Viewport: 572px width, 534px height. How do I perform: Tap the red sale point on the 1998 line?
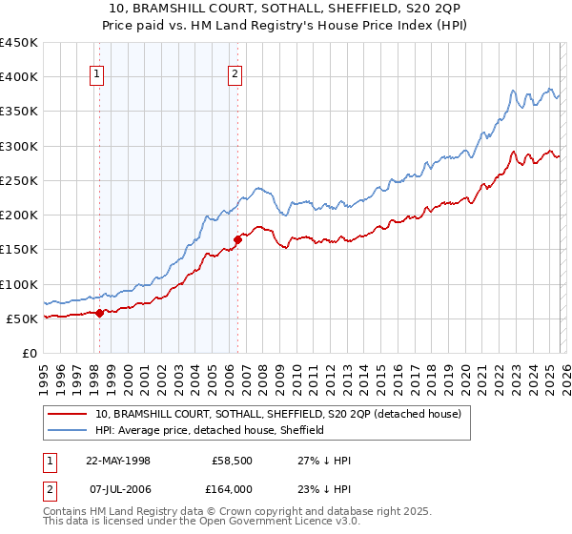(x=100, y=312)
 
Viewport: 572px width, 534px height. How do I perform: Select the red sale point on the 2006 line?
(x=237, y=239)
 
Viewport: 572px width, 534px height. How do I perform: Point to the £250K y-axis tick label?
(x=18, y=180)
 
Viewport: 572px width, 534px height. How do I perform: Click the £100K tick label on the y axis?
(x=18, y=284)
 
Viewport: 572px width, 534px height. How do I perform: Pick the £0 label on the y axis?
(x=31, y=353)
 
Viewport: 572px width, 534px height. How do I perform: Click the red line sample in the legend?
(x=68, y=414)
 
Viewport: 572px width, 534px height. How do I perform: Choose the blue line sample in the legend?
(x=68, y=430)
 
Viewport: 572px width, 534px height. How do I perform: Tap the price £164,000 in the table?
(x=232, y=488)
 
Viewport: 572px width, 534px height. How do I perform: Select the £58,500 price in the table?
(x=232, y=460)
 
